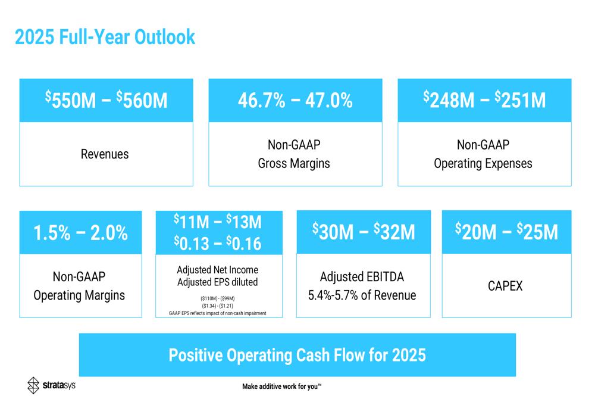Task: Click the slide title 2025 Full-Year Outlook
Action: click(105, 37)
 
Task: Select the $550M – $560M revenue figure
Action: click(107, 100)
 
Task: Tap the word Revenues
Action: click(105, 154)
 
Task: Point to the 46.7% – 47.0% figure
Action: click(295, 100)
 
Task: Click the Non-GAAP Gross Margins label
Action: click(294, 154)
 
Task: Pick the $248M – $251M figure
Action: click(484, 100)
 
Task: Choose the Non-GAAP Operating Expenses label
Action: click(483, 154)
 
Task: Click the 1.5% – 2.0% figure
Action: click(80, 233)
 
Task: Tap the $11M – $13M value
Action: click(218, 222)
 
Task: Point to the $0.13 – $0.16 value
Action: click(218, 243)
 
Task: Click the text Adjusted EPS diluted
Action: click(218, 282)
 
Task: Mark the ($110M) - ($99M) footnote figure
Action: click(218, 298)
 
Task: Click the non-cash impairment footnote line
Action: click(218, 313)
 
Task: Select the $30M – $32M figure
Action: click(364, 232)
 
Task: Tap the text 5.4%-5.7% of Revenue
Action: click(362, 295)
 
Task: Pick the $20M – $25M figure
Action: click(506, 232)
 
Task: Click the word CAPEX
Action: click(505, 286)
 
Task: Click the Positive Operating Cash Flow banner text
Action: click(297, 356)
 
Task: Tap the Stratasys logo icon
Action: click(34, 385)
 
